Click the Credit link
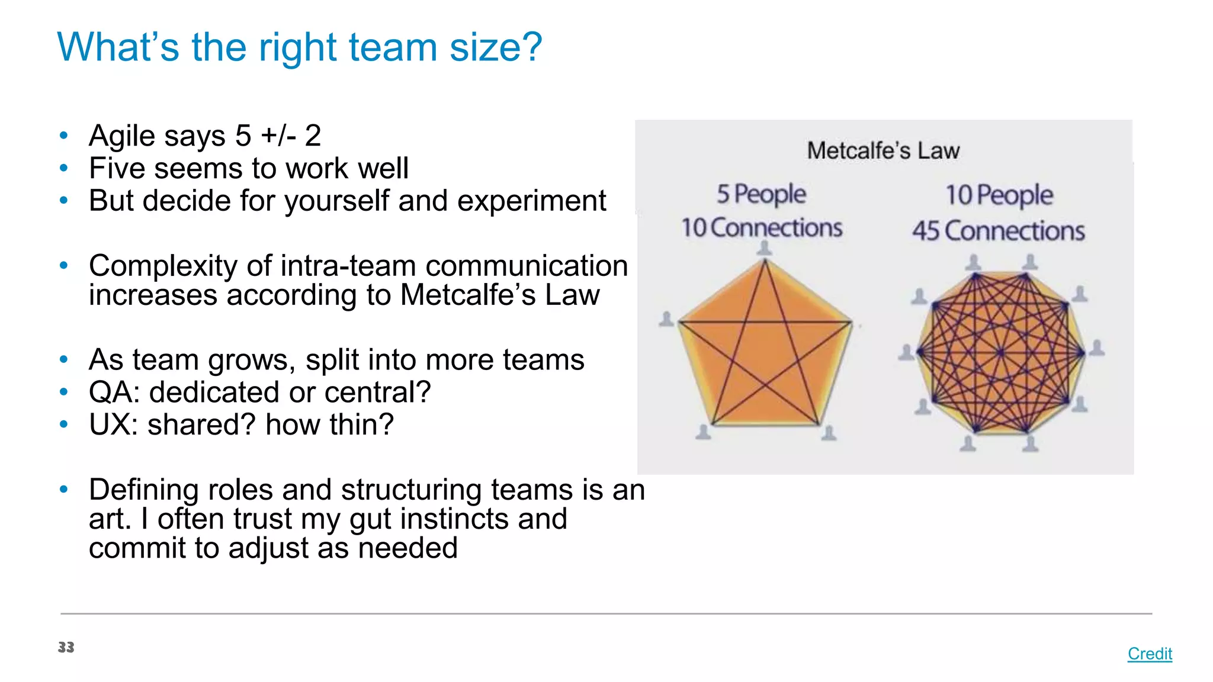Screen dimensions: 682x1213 1149,654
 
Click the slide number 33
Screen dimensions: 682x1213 66,647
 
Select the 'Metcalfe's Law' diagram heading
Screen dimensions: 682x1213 883,150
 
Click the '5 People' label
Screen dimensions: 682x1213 761,194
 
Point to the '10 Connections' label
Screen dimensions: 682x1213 762,228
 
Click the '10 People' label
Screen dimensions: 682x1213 999,195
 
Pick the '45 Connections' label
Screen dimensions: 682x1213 998,231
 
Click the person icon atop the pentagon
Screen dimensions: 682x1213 765,248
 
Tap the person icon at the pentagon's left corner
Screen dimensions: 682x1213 666,319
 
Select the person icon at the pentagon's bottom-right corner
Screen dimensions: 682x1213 829,433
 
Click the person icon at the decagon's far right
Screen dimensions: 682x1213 1097,348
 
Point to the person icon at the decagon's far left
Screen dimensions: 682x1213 906,352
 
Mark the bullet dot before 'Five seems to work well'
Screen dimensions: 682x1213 64,168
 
